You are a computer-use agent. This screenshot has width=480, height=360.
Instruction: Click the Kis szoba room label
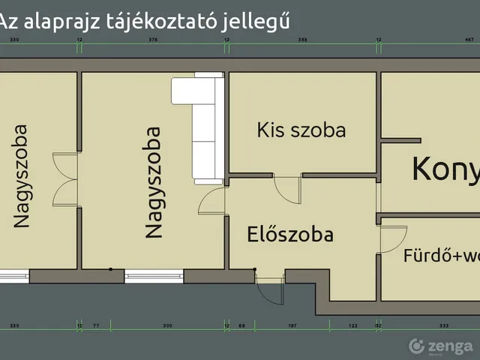tap(301, 130)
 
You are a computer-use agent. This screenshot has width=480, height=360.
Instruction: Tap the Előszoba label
tap(290, 235)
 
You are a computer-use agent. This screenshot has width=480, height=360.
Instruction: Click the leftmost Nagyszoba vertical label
tap(21, 175)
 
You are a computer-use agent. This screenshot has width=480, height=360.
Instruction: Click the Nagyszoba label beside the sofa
tap(153, 182)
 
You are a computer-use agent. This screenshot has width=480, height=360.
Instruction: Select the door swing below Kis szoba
tap(287, 187)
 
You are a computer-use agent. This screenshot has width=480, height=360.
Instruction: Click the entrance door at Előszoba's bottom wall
tap(268, 285)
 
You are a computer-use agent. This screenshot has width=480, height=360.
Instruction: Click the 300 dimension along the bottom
tap(168, 326)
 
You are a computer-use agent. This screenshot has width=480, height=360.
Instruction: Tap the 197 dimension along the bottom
tap(293, 326)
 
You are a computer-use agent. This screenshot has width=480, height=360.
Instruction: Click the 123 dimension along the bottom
tap(352, 326)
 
